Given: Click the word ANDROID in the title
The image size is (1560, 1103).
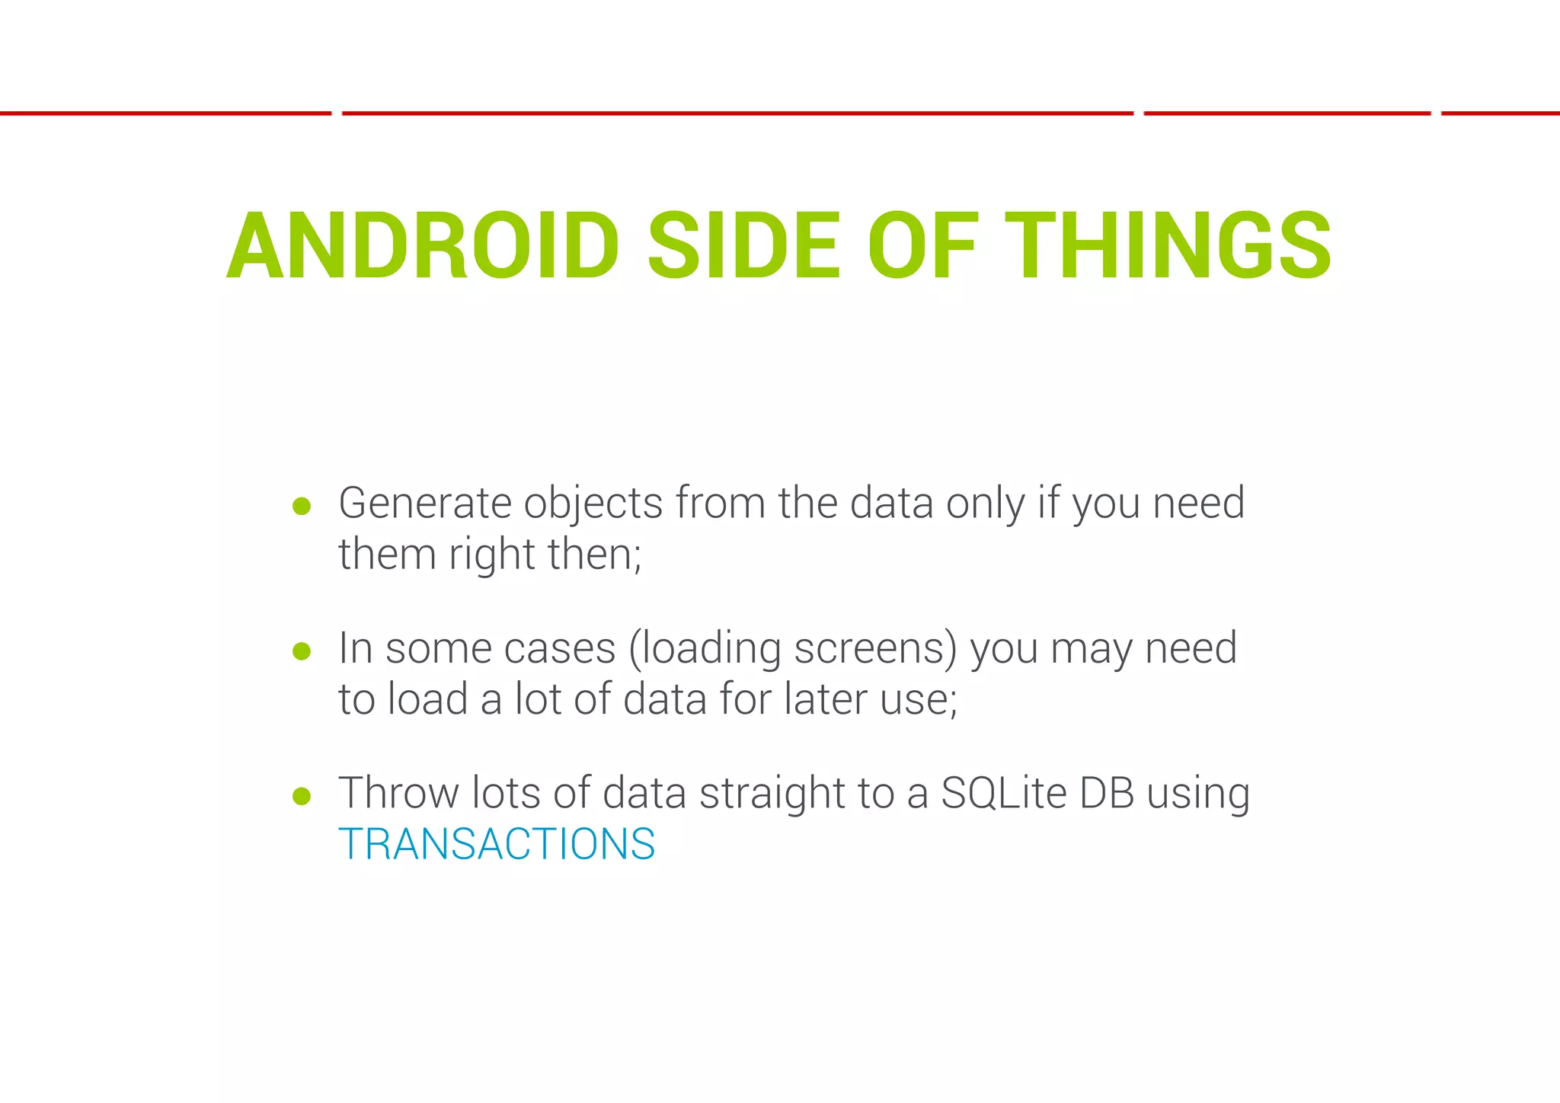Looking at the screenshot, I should click(424, 246).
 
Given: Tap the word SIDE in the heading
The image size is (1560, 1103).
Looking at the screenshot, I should click(743, 246).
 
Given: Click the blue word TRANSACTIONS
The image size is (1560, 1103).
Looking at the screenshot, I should click(497, 844).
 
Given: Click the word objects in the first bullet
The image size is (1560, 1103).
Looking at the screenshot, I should click(593, 504).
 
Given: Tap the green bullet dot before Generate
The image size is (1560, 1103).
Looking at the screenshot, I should click(302, 507).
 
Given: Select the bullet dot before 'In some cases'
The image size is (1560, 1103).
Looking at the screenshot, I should click(302, 651).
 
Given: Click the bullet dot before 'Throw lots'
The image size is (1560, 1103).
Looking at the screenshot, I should click(302, 797).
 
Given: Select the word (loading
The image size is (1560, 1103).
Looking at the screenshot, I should click(705, 649).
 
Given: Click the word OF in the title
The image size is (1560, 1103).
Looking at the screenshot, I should click(922, 246).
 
